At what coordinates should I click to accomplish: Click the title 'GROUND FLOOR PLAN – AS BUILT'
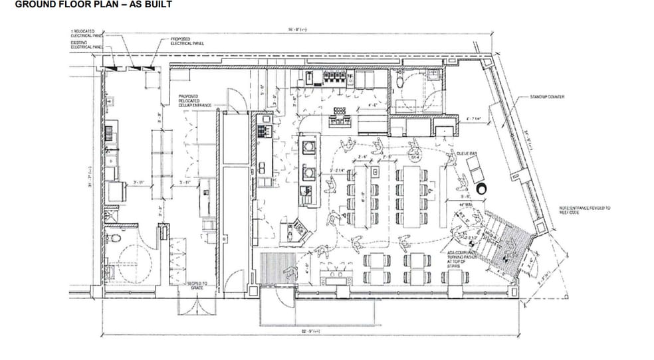tap(94, 5)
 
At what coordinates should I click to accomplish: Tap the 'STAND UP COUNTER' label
tap(546, 97)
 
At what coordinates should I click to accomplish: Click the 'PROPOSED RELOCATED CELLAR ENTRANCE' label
tap(192, 101)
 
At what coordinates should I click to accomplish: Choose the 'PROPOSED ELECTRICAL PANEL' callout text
tap(187, 42)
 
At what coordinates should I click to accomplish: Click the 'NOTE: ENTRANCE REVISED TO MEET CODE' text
tap(584, 210)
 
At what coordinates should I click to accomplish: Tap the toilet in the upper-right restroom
tap(401, 80)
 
